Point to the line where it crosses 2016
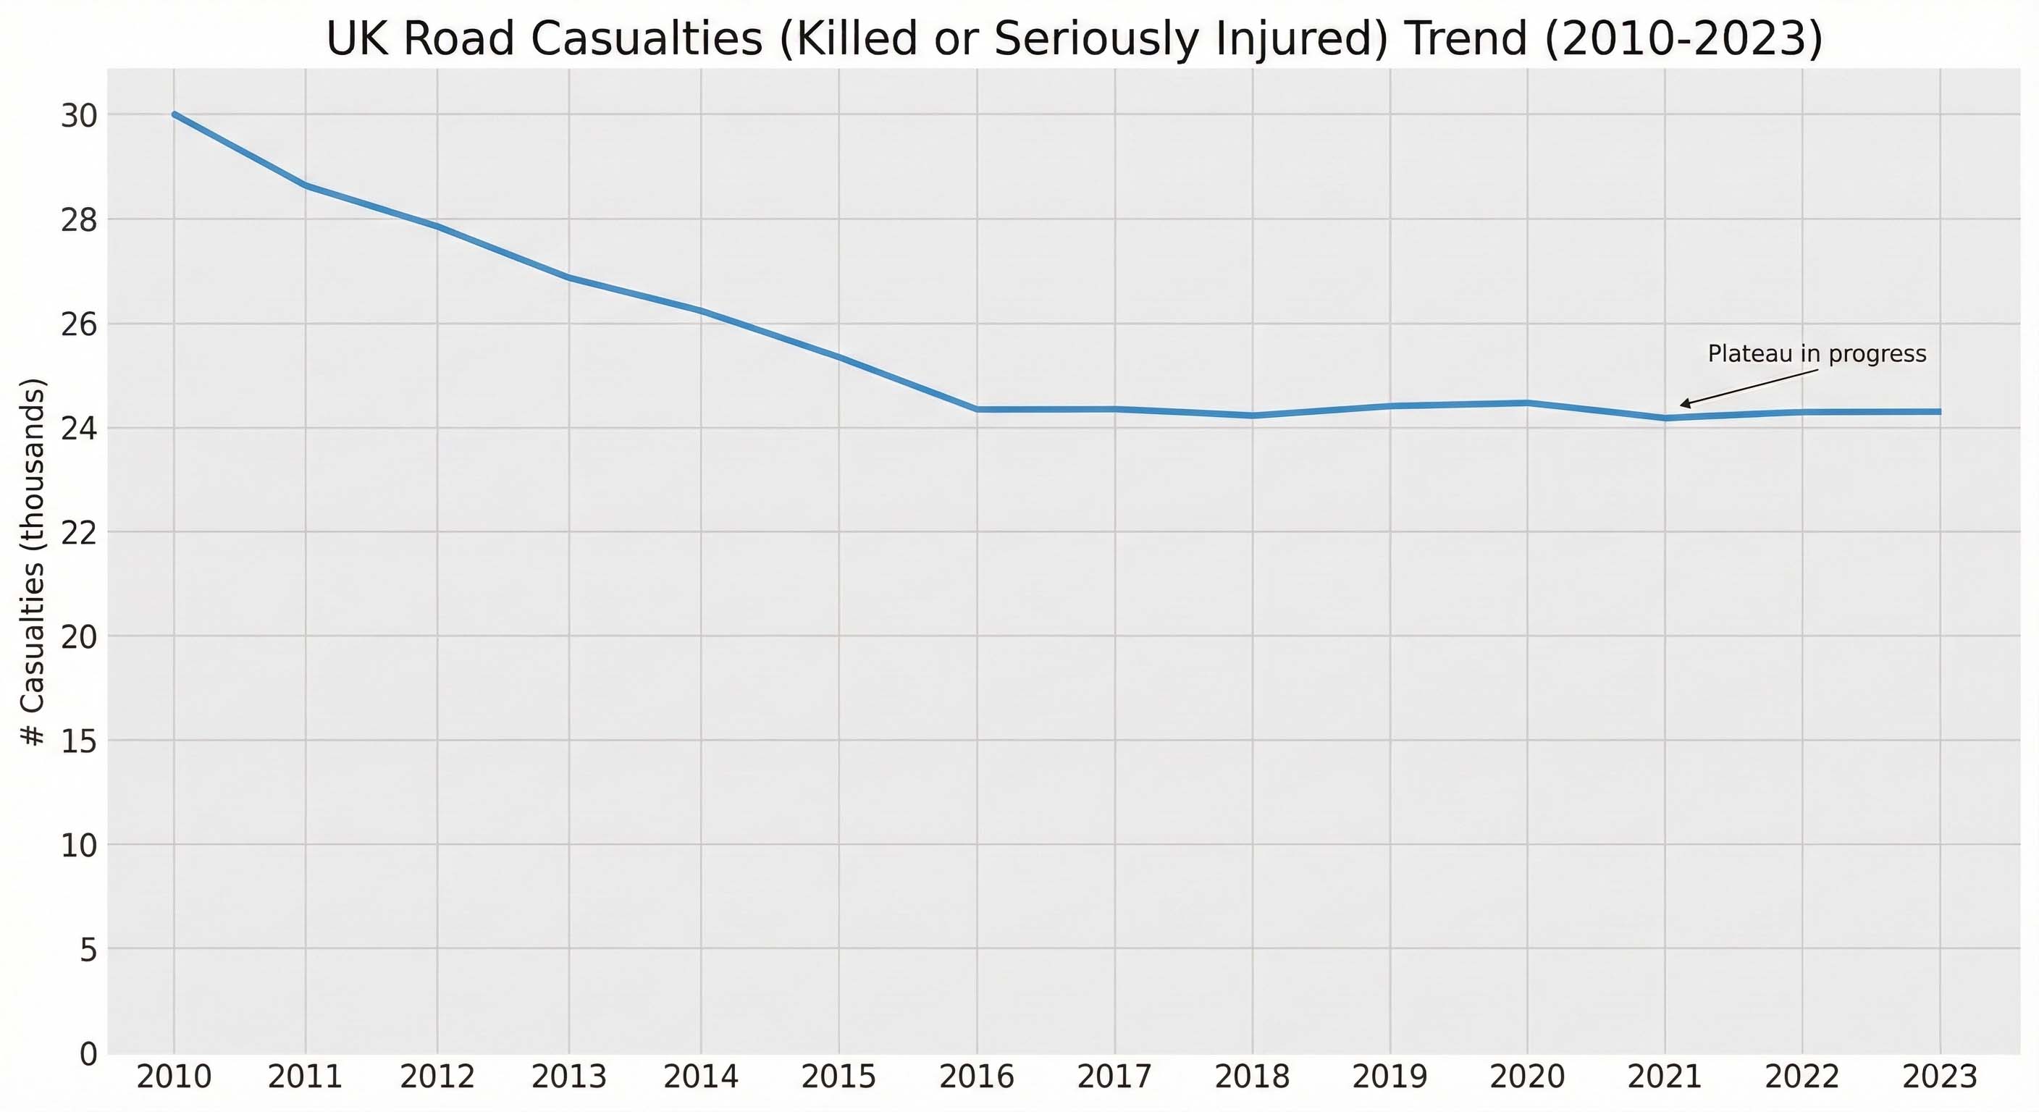pyautogui.click(x=978, y=409)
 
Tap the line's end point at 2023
pyautogui.click(x=1940, y=411)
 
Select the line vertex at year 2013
pyautogui.click(x=568, y=277)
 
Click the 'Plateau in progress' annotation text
pyautogui.click(x=1817, y=354)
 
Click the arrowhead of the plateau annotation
pyautogui.click(x=1682, y=405)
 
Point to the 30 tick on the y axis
pyautogui.click(x=79, y=117)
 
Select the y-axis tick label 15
pyautogui.click(x=79, y=741)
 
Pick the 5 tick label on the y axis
pyautogui.click(x=88, y=950)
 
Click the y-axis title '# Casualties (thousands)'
pyautogui.click(x=33, y=562)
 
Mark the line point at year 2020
pyautogui.click(x=1527, y=403)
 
